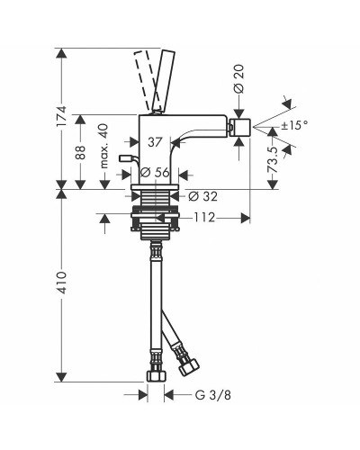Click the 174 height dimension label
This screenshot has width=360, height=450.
[61, 116]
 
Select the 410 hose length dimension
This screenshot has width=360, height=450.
[61, 283]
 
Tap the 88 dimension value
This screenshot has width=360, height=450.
[80, 152]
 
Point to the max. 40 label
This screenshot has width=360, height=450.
[104, 146]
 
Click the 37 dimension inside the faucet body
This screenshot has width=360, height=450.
[155, 142]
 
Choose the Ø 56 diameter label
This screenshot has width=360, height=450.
[155, 173]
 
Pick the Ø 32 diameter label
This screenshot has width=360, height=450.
[202, 196]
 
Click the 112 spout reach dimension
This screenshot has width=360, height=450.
[204, 218]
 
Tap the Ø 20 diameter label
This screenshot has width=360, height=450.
[239, 78]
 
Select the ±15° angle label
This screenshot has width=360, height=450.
[294, 125]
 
